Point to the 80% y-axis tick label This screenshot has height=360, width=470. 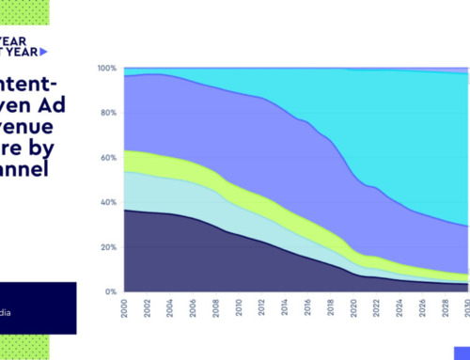[108, 114]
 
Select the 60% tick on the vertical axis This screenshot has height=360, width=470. [108, 158]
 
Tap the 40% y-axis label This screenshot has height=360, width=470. [108, 202]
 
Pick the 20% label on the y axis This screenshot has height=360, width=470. [108, 247]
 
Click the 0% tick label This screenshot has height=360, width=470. [110, 291]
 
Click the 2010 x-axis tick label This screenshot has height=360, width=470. [240, 307]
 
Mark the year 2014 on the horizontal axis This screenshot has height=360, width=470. [285, 307]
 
